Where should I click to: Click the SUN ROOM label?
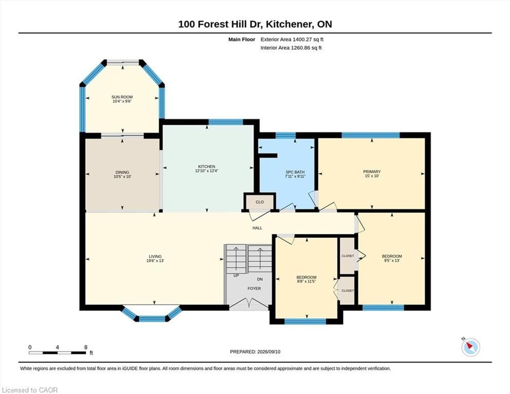(x=122, y=97)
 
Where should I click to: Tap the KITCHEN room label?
(x=206, y=167)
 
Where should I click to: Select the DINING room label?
(x=122, y=172)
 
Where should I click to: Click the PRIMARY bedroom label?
(x=372, y=172)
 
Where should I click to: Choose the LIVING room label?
(x=155, y=257)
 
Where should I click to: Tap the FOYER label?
(x=254, y=288)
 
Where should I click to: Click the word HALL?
(x=257, y=228)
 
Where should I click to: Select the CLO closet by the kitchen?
(x=259, y=202)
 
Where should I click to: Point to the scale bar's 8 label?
(x=86, y=347)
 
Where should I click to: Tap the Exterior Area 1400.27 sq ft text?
(x=292, y=40)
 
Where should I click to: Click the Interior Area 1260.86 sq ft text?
(x=291, y=48)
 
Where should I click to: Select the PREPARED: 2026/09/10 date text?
(x=255, y=352)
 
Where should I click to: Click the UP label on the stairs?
(x=236, y=276)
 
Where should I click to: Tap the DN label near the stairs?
(x=259, y=280)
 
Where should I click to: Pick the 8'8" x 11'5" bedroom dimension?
(x=307, y=282)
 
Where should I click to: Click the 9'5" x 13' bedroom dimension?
(x=391, y=261)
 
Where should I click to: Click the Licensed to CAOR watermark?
(x=30, y=390)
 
